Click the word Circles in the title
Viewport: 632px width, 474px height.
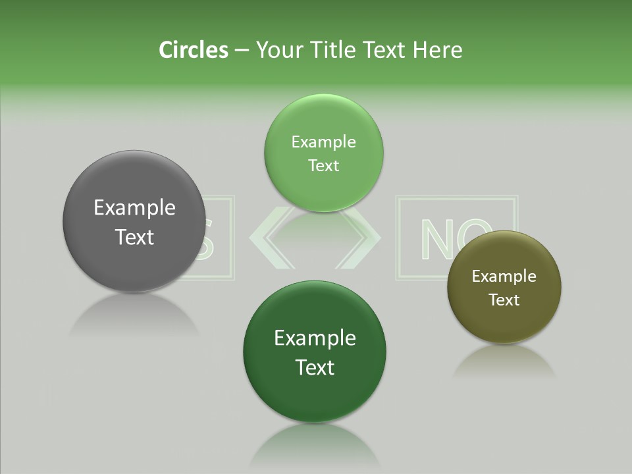click(193, 50)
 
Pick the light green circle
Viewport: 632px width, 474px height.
click(323, 191)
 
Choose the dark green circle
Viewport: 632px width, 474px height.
click(315, 395)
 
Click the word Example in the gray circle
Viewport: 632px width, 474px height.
click(134, 208)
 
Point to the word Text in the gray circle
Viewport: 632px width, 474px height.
click(134, 237)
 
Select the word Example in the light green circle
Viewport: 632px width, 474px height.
click(323, 142)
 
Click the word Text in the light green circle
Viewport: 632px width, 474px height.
click(323, 166)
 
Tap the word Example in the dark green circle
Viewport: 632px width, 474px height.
click(315, 338)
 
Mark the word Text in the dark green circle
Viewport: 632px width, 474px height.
click(315, 367)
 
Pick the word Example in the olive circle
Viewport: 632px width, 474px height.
click(504, 276)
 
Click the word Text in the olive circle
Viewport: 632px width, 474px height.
click(504, 300)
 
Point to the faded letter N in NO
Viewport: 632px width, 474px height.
click(435, 238)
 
